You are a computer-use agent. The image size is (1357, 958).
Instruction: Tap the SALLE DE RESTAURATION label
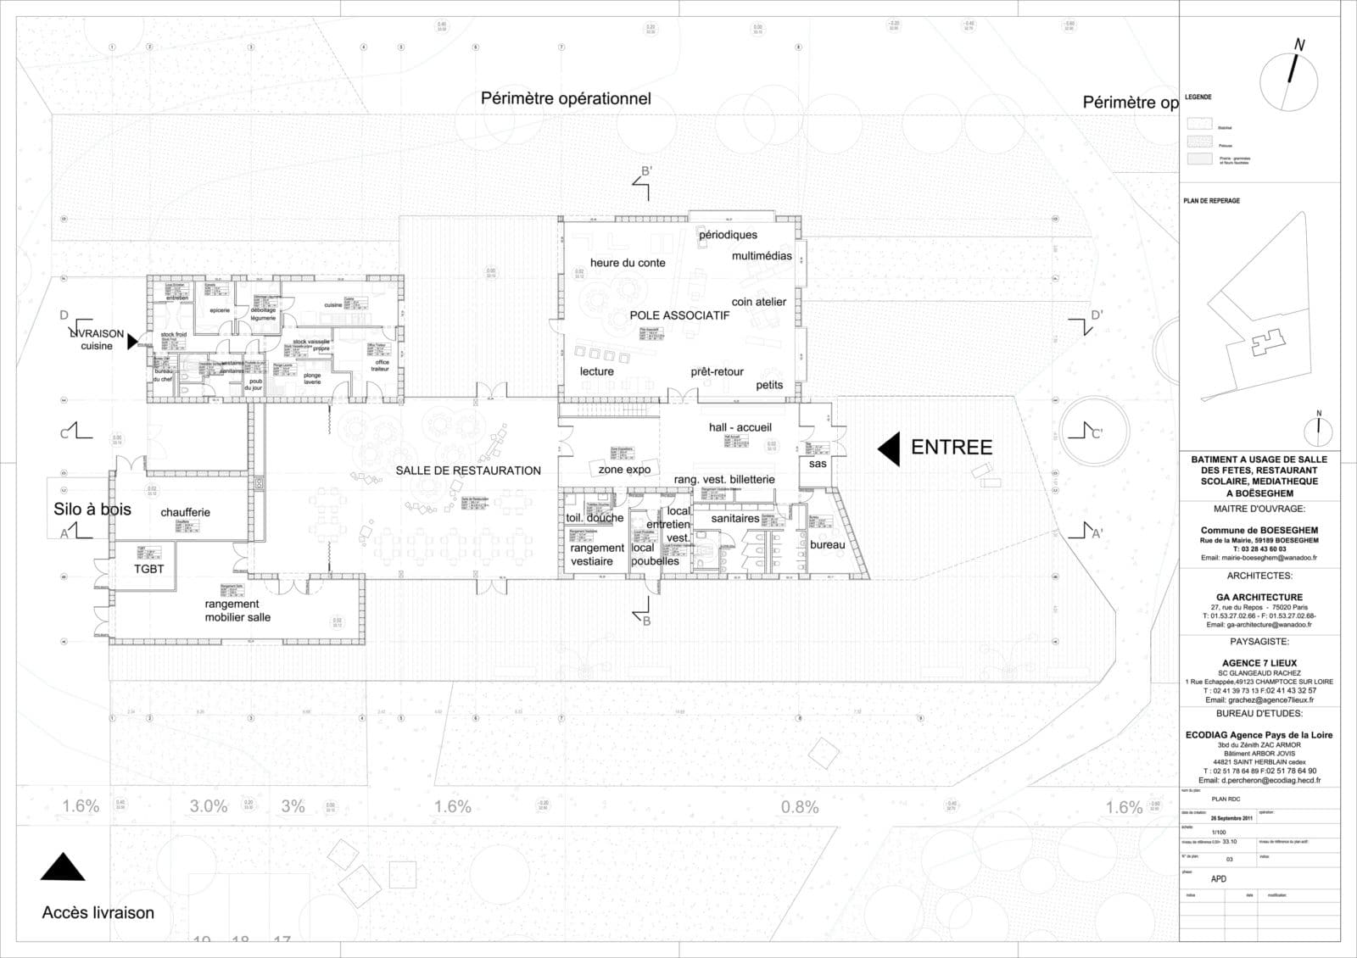pos(468,471)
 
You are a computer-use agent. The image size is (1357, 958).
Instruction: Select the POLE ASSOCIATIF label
pos(679,315)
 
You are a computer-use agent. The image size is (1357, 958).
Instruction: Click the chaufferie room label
pos(185,512)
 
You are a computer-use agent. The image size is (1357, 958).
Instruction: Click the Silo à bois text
pos(92,509)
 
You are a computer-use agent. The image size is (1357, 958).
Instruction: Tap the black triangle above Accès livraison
pos(63,867)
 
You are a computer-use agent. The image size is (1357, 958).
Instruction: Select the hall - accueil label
pos(740,427)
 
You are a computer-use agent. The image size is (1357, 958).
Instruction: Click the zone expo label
pos(624,469)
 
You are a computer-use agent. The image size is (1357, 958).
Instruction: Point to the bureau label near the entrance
pos(827,545)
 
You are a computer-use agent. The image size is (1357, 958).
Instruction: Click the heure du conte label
pos(628,263)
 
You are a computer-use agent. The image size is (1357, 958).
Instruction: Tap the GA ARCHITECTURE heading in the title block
pos(1259,597)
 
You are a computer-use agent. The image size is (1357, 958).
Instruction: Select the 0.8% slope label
pos(800,807)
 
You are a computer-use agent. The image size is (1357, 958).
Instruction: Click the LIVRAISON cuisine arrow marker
pos(131,342)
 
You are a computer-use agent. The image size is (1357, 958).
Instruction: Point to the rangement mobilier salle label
pos(237,610)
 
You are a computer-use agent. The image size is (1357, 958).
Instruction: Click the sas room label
pos(818,464)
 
